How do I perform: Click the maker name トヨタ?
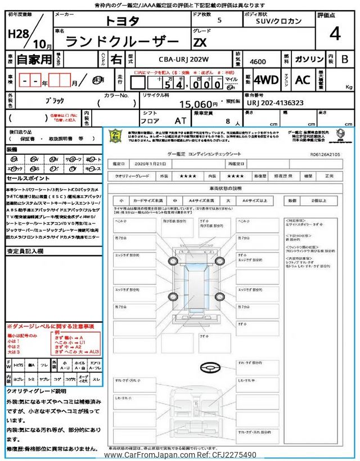coord(121,21)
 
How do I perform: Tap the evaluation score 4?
coord(335,34)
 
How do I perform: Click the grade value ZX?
coord(200,41)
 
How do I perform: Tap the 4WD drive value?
coord(266,80)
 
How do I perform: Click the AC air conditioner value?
coord(303,80)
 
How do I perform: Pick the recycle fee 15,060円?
coord(199,104)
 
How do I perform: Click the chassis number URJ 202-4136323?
coord(276,103)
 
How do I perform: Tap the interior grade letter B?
coord(345,59)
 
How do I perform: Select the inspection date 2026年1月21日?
coord(152,163)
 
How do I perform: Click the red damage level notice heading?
coord(50,326)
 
